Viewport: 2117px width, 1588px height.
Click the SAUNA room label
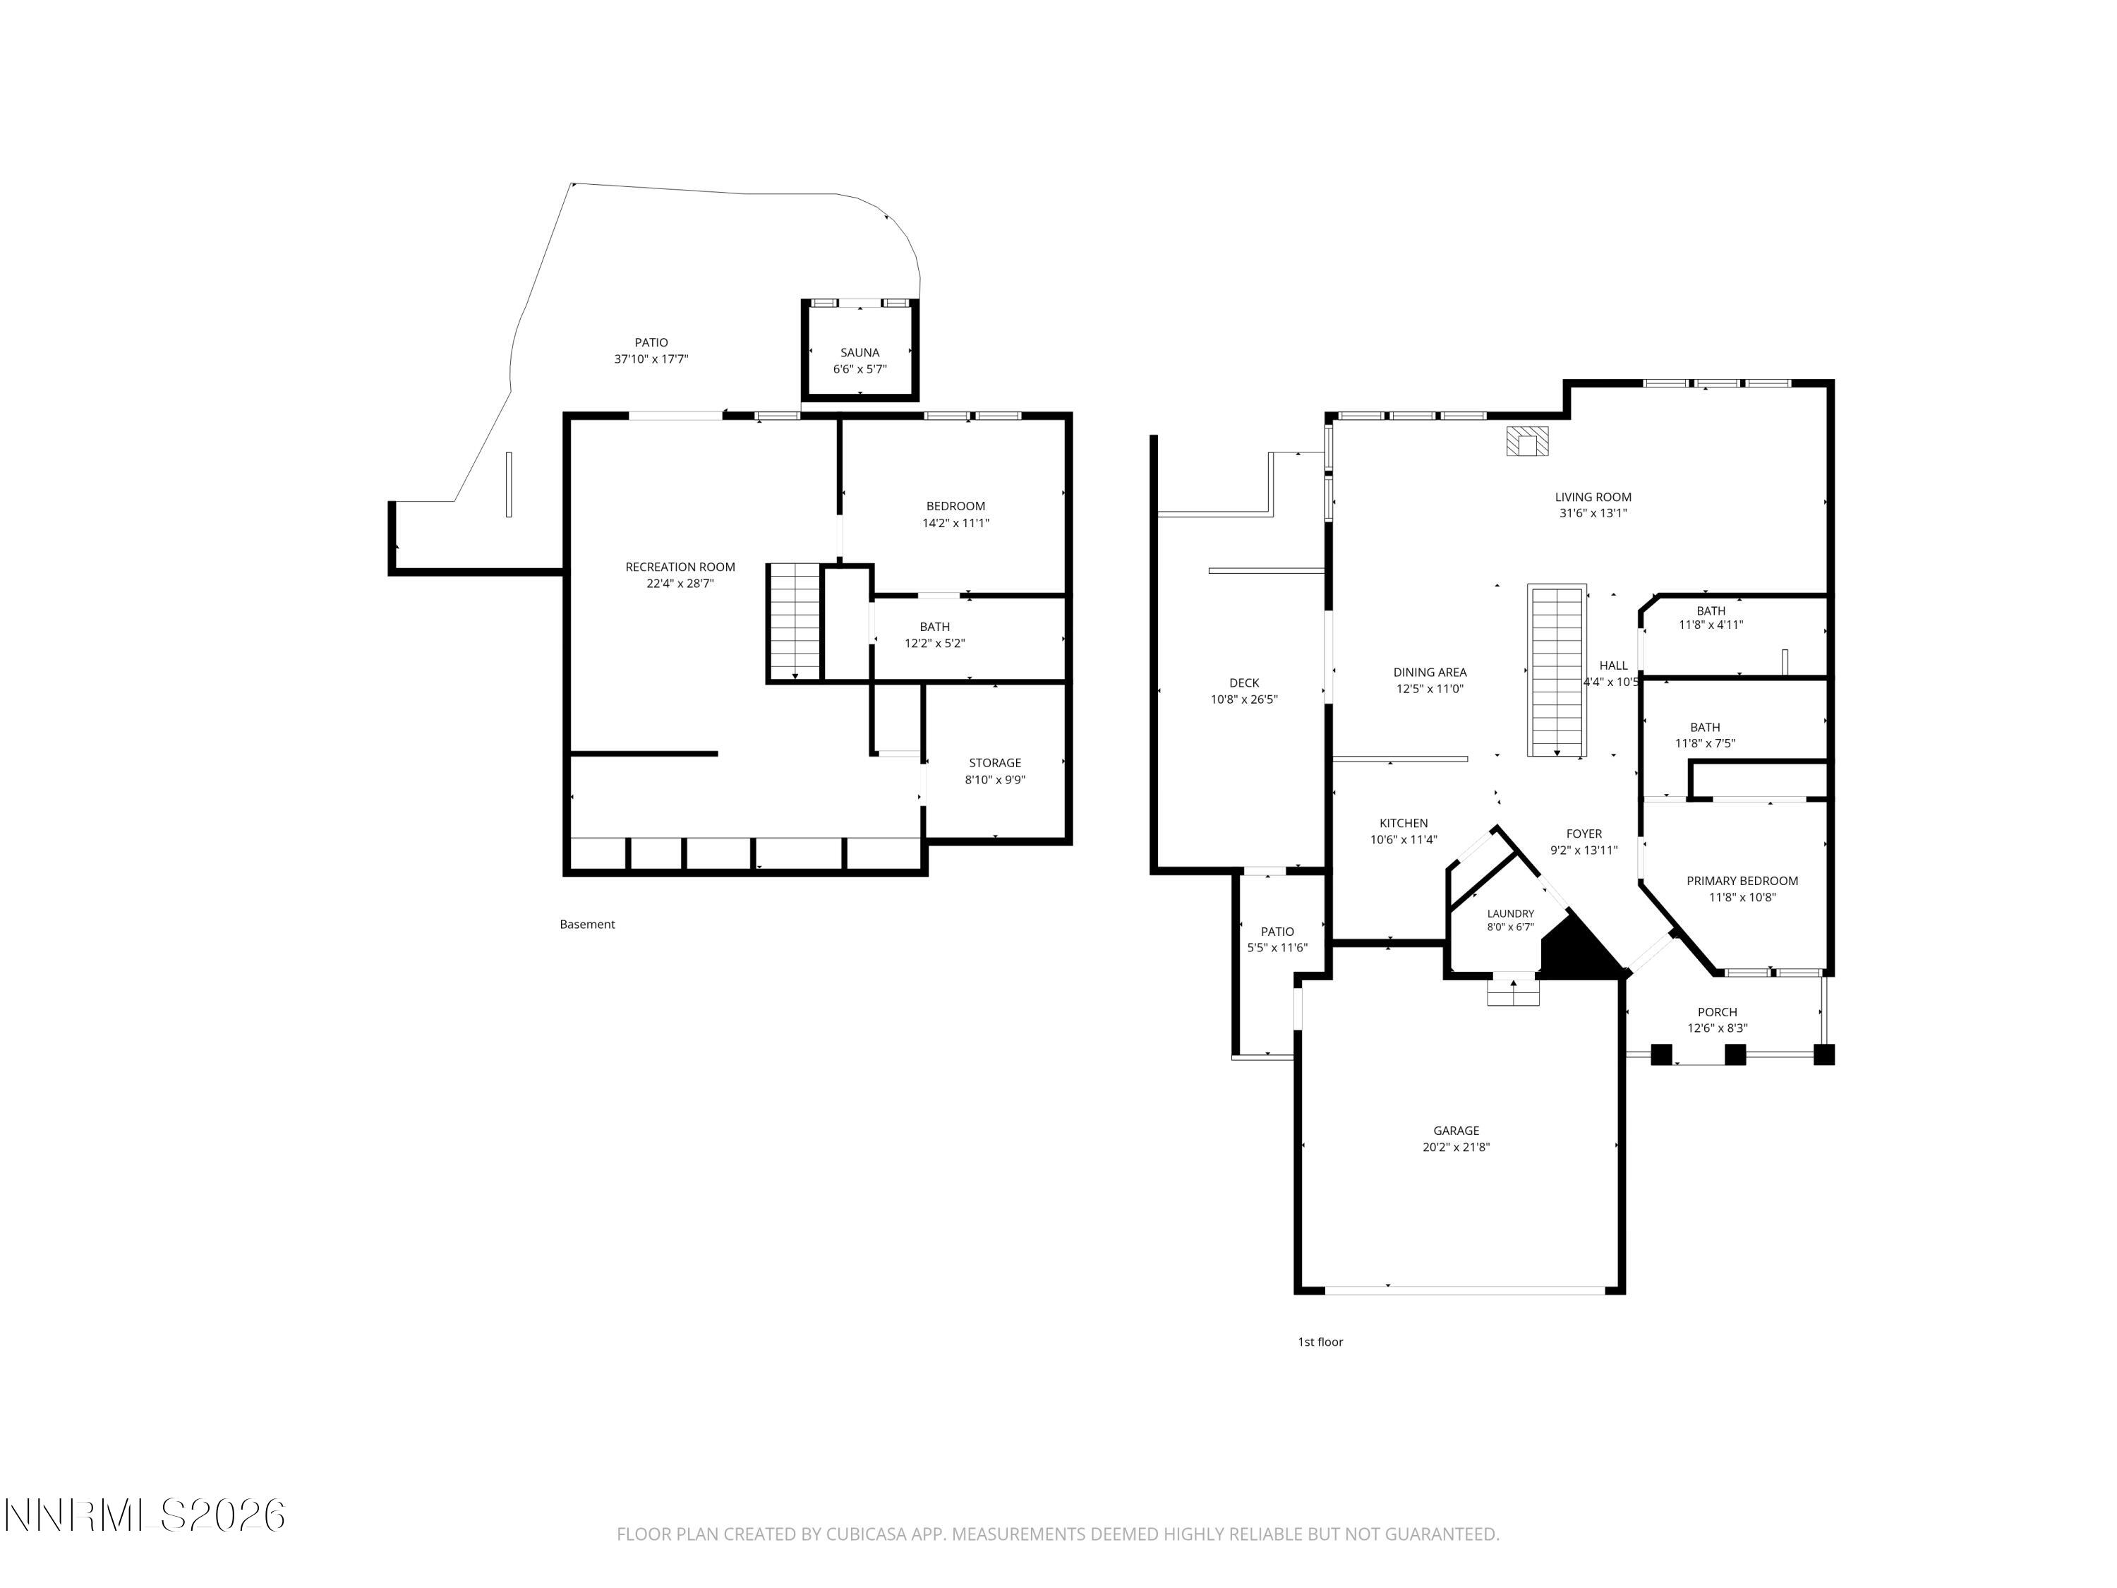click(860, 353)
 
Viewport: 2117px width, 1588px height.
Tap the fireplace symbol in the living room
click(1528, 441)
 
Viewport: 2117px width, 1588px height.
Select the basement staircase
click(795, 622)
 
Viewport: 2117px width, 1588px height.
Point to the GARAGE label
click(1456, 1131)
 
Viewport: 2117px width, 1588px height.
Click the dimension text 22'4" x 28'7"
click(680, 584)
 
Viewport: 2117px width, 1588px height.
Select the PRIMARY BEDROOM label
click(1742, 881)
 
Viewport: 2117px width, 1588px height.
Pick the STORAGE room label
click(994, 763)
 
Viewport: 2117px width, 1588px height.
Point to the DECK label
click(1244, 682)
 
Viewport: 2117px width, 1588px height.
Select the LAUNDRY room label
click(1510, 914)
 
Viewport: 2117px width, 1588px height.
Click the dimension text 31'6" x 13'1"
click(1593, 513)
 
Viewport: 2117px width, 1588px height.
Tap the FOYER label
click(1584, 834)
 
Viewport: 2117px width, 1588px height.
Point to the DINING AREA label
click(1430, 672)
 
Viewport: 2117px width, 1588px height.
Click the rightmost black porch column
click(1824, 1055)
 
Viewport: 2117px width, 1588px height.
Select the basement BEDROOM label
click(955, 506)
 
